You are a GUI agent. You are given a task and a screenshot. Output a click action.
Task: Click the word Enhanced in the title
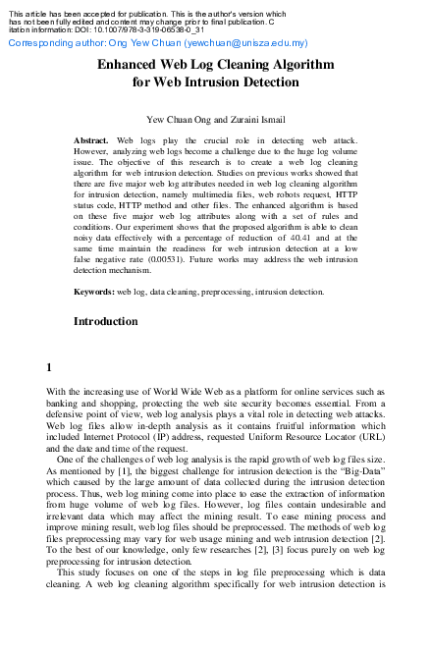(134, 63)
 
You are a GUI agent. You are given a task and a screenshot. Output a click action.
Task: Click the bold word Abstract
(91, 141)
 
